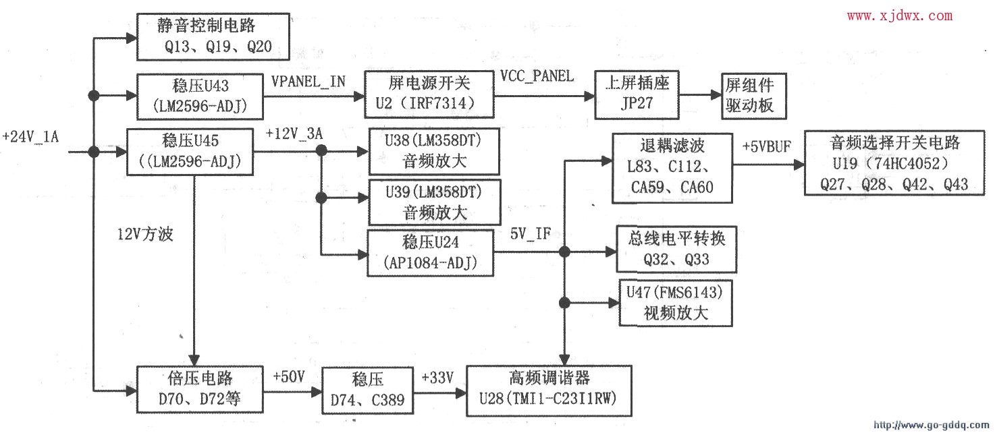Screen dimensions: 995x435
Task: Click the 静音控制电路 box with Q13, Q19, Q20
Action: click(x=213, y=36)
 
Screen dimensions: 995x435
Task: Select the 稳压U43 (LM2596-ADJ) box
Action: click(x=200, y=96)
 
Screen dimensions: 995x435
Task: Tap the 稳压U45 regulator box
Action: click(x=190, y=152)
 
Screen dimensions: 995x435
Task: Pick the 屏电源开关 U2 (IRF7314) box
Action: click(x=429, y=94)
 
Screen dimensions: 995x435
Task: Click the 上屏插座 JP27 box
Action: click(x=637, y=95)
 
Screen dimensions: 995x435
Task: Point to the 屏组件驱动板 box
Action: click(x=754, y=96)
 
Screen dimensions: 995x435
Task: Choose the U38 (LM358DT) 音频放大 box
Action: click(x=434, y=151)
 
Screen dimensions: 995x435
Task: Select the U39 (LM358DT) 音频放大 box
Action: click(x=435, y=202)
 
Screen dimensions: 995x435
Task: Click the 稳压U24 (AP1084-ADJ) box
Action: click(x=430, y=253)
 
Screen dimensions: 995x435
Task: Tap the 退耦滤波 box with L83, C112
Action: click(x=672, y=168)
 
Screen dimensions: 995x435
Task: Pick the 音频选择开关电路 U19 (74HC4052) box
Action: click(x=894, y=163)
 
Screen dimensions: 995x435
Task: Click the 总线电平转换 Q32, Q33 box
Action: click(x=676, y=249)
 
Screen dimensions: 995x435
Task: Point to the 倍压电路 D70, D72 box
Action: click(x=200, y=389)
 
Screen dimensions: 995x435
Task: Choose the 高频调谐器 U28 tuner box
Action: click(x=549, y=390)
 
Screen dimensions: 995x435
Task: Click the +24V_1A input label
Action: click(x=30, y=136)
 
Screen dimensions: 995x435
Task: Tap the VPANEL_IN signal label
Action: click(x=308, y=81)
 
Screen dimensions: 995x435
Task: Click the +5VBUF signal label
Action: click(x=767, y=146)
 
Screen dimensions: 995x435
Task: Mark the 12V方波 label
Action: click(x=145, y=234)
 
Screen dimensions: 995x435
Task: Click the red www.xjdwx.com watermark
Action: click(x=900, y=16)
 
